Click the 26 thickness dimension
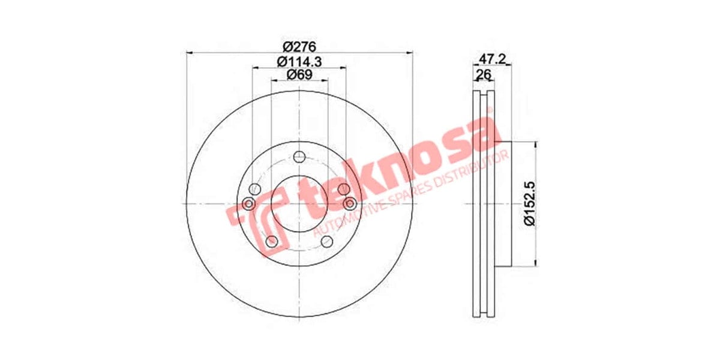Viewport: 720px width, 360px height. [484, 74]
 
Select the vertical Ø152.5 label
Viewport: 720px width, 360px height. [529, 204]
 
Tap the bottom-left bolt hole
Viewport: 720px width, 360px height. [271, 241]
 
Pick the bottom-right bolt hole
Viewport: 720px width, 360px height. [327, 241]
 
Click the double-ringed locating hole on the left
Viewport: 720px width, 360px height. [249, 204]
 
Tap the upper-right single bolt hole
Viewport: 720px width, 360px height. [343, 190]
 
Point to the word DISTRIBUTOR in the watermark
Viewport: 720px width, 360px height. [474, 169]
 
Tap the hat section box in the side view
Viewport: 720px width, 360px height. [503, 204]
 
